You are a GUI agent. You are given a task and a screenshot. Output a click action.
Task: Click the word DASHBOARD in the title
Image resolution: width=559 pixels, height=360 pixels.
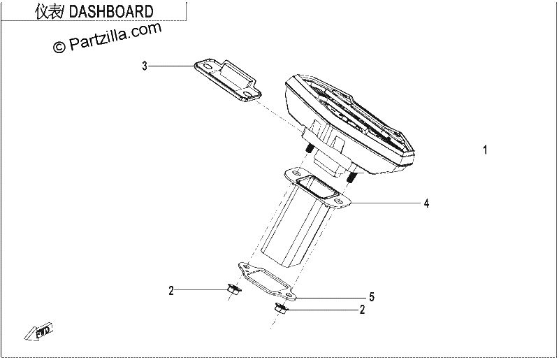(110, 11)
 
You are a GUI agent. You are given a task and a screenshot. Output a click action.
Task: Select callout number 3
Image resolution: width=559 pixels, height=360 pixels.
(145, 66)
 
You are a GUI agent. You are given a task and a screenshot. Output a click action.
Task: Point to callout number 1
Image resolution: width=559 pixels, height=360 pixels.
(485, 150)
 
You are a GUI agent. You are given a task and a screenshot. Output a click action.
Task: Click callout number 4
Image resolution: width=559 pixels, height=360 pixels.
(426, 203)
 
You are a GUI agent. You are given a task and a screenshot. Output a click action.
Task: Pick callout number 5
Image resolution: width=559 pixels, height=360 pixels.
(372, 297)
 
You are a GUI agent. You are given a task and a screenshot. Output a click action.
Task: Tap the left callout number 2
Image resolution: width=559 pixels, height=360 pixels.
(171, 291)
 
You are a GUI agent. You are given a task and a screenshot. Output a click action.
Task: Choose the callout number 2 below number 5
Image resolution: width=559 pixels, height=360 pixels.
(362, 310)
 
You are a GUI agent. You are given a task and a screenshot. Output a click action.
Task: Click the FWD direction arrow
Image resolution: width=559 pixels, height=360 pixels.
(38, 331)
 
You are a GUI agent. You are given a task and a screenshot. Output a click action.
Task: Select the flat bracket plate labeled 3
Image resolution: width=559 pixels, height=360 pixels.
(228, 80)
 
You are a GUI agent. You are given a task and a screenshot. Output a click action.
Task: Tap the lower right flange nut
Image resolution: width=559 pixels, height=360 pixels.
(280, 308)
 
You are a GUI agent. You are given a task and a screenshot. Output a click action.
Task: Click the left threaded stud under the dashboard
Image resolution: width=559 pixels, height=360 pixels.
(309, 147)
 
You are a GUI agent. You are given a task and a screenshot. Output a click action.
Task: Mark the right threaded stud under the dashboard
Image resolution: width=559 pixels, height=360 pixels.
(351, 178)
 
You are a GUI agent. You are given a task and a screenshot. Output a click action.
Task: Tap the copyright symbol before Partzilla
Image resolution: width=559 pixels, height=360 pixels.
(59, 46)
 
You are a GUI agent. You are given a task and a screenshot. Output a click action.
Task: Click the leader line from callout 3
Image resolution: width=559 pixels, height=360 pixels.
(172, 66)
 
